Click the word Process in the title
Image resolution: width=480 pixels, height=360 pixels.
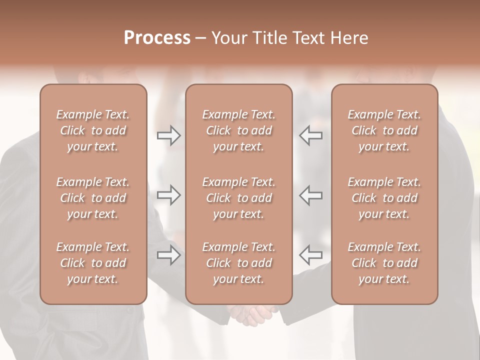coord(157,38)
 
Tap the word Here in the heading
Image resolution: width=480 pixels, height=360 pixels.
coord(349,38)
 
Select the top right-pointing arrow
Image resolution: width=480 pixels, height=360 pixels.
coord(168,135)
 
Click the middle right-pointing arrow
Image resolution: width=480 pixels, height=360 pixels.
coord(168,195)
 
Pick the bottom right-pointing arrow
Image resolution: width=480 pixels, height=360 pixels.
coord(168,255)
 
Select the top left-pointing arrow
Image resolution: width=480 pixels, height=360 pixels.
coord(310,135)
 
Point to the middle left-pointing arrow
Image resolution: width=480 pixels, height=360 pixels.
coord(310,195)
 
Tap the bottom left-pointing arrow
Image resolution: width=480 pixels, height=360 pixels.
coord(310,255)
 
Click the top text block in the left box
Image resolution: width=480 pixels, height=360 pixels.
coord(93,130)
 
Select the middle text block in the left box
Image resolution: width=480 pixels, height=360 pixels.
coord(93,198)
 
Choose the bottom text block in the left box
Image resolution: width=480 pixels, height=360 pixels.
coord(93,263)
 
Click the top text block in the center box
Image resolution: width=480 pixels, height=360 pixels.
coord(238,130)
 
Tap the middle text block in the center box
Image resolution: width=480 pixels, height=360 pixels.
coord(238,198)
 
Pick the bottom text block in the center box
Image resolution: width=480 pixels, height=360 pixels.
coord(238,263)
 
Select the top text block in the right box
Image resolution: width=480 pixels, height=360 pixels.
coord(384,130)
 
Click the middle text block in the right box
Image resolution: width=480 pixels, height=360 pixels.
coord(384,198)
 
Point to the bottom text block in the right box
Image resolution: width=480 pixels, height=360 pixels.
coord(384,263)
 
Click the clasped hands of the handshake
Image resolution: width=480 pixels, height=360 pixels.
coord(253,314)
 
